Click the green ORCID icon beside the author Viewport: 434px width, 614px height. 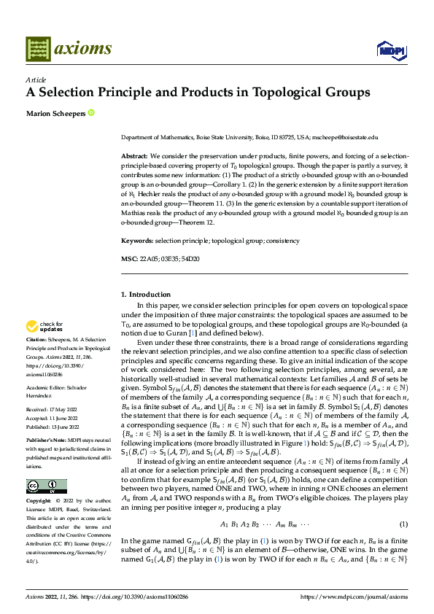pyautogui.click(x=91, y=112)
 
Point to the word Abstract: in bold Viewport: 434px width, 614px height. pyautogui.click(x=135, y=157)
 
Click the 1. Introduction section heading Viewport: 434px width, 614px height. pyautogui.click(x=145, y=295)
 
